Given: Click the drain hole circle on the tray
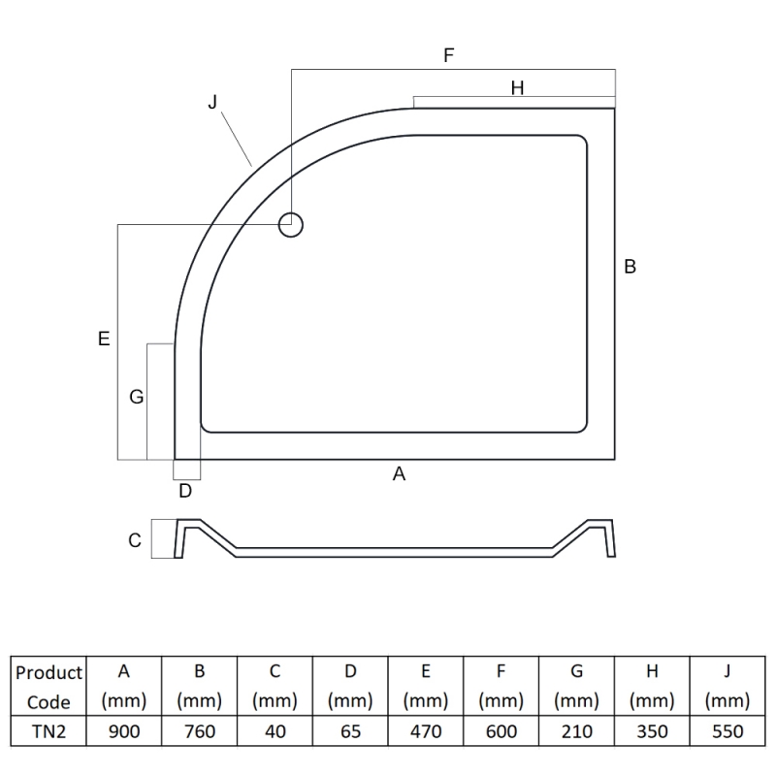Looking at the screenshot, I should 291,225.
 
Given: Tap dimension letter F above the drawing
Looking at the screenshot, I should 449,55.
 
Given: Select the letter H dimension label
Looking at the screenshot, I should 517,88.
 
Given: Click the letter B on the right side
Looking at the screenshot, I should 630,267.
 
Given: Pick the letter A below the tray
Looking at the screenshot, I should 398,474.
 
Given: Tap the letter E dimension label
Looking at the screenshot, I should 104,339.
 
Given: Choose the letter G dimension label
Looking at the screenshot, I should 136,397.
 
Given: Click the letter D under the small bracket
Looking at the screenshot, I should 185,491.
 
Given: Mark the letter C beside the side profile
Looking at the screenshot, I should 135,541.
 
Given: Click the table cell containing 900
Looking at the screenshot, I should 124,731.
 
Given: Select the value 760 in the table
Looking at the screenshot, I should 200,731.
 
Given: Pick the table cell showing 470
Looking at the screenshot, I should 426,731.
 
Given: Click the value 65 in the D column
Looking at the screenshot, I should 350,731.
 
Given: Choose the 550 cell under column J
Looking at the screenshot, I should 727,731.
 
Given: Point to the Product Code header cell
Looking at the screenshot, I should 48,687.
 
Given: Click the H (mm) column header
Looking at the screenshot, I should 652,687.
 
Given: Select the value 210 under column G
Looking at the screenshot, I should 576,731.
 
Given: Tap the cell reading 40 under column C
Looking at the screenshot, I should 275,731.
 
